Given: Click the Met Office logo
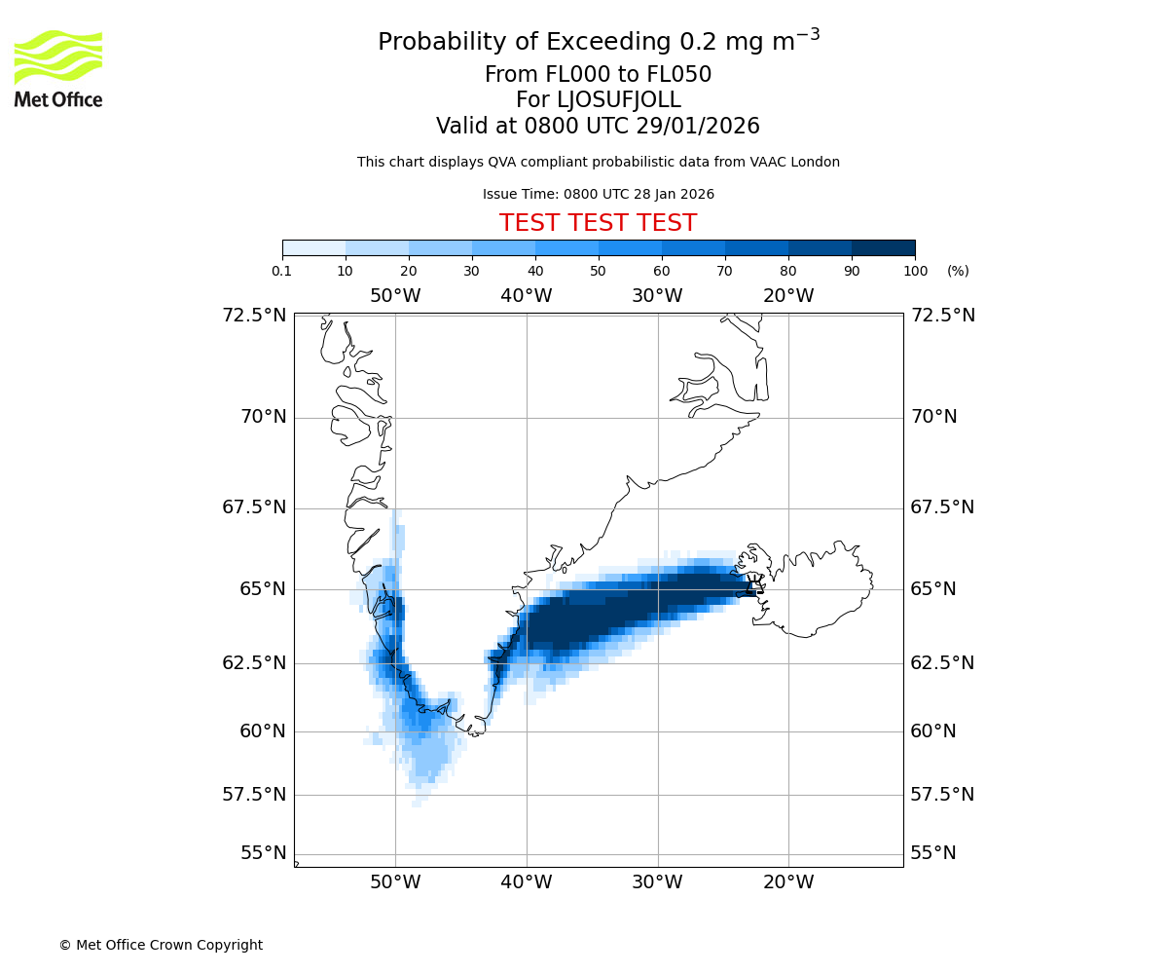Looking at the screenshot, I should click(58, 68).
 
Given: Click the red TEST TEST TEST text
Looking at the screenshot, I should click(598, 223).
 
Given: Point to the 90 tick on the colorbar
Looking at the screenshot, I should click(852, 271).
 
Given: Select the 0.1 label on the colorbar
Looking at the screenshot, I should click(282, 271).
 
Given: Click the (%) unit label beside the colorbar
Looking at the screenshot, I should click(958, 271).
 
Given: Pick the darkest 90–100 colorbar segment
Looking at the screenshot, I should click(883, 247).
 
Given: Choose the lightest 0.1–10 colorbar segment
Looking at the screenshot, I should click(314, 247).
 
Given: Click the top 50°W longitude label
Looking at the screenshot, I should click(395, 295).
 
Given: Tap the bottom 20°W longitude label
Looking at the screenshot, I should click(788, 882).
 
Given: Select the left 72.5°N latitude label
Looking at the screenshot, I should click(254, 315).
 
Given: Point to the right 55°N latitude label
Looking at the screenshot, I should click(932, 853).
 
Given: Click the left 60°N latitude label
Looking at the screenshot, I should click(262, 730).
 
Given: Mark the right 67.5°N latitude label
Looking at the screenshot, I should click(941, 507).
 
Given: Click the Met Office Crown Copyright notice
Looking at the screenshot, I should click(161, 945).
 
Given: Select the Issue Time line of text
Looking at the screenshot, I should click(598, 194).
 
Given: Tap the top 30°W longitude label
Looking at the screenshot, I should click(657, 295).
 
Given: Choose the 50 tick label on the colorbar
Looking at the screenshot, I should click(599, 271).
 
